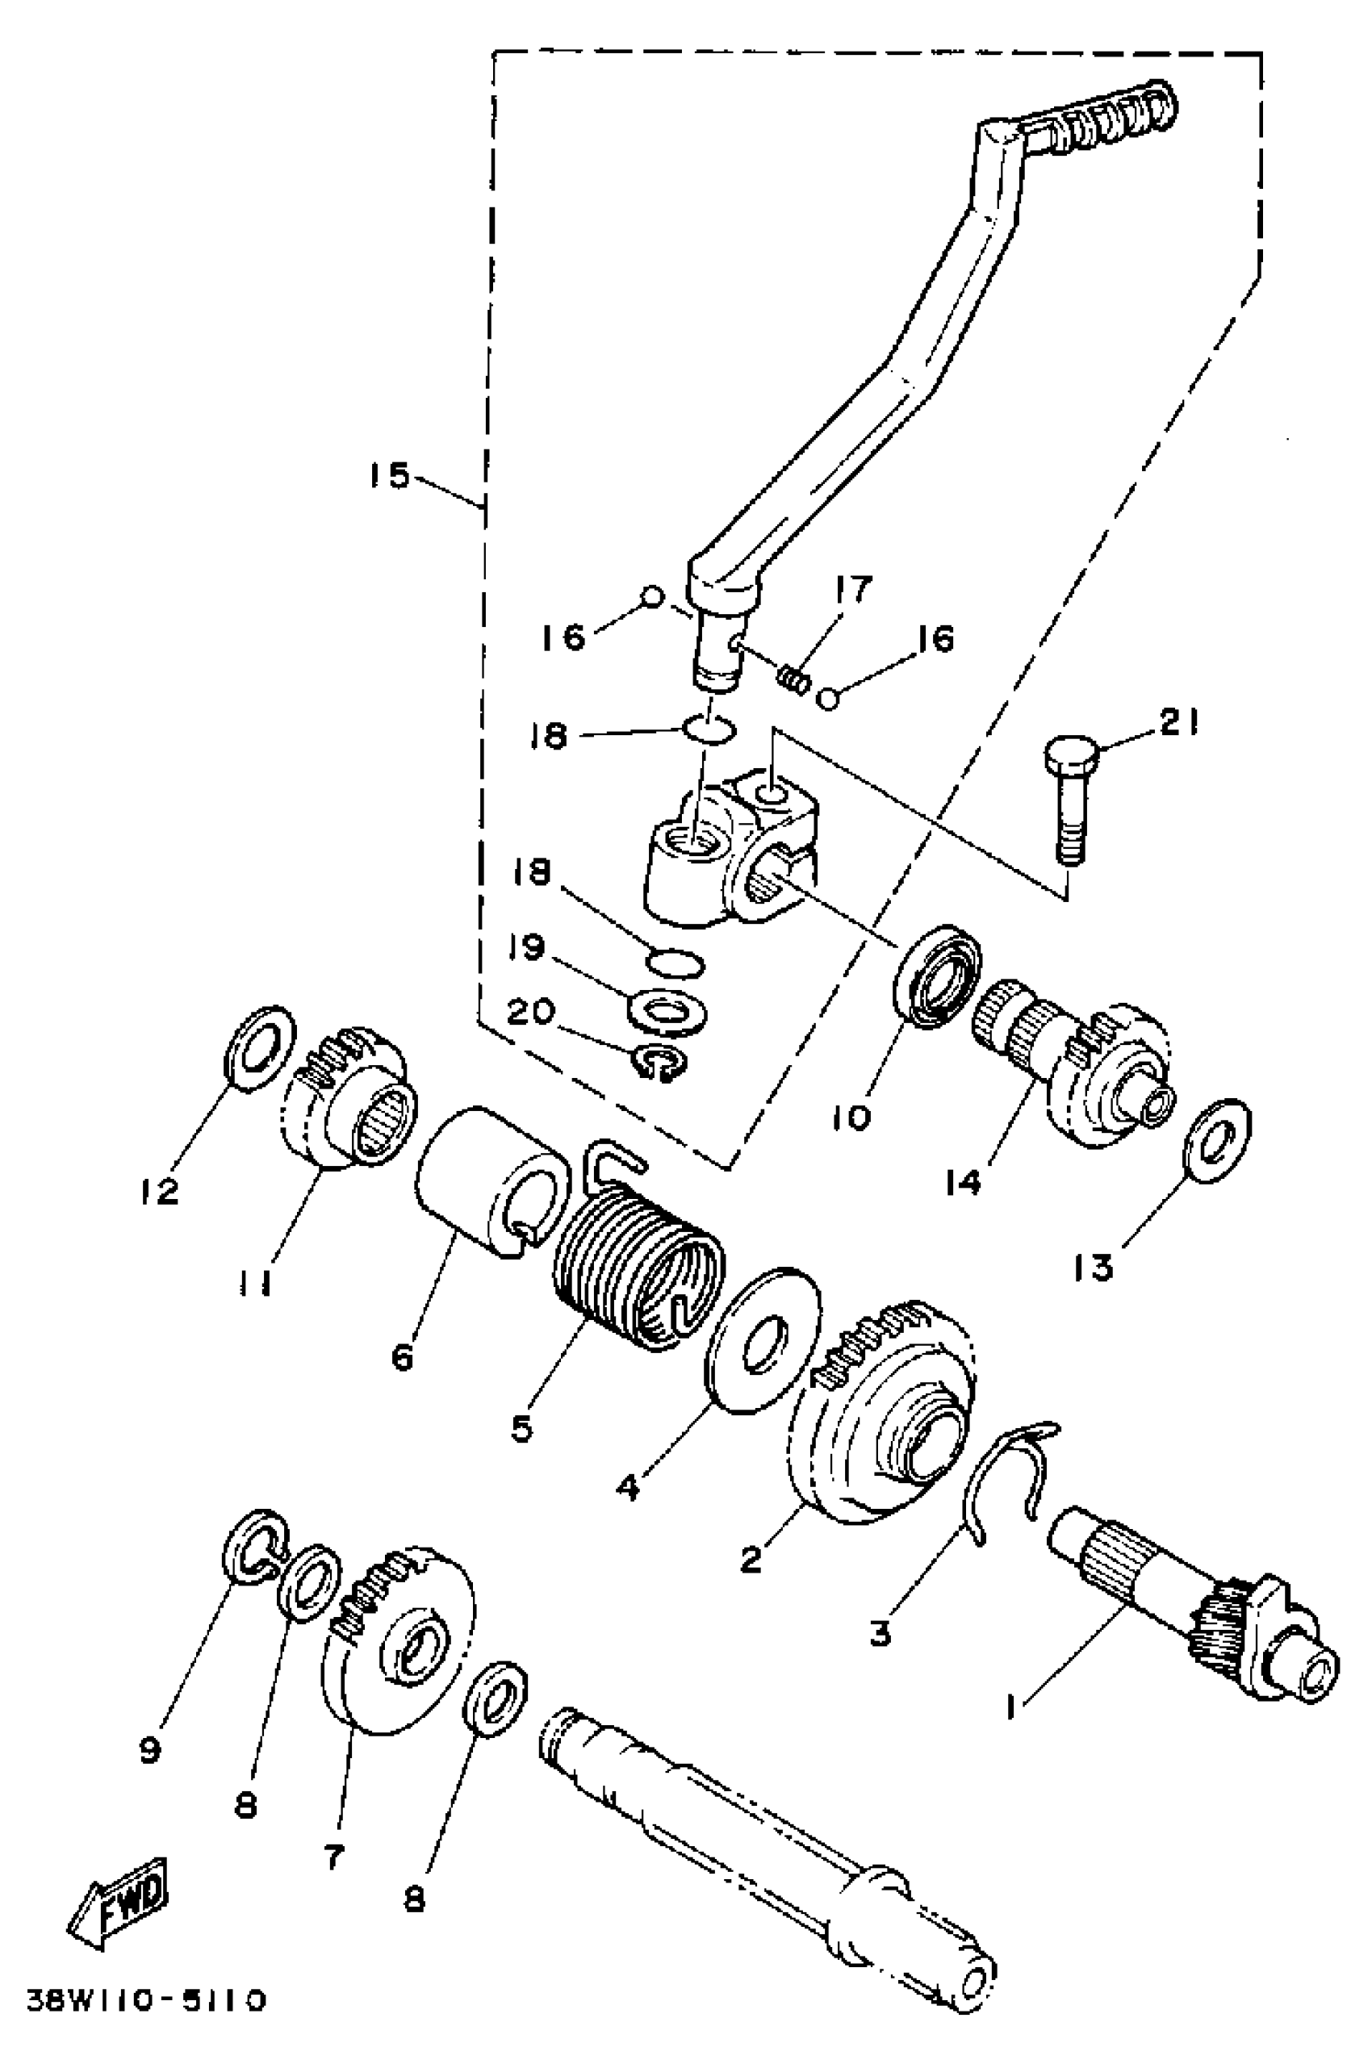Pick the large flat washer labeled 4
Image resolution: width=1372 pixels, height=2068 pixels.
tap(763, 1338)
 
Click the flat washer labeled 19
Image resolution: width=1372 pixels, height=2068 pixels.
tap(667, 1013)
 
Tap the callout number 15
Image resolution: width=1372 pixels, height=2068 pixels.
tap(388, 477)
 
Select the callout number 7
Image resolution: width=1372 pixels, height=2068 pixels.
tap(334, 1857)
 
